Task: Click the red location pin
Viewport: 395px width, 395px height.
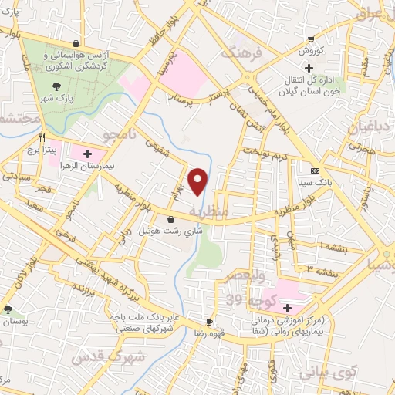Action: (198, 181)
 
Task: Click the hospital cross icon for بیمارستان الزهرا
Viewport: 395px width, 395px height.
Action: (87, 154)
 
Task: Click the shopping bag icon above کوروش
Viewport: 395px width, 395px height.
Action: (310, 39)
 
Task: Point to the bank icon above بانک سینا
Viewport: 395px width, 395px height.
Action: (314, 170)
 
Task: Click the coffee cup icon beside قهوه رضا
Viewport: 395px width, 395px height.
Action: (209, 321)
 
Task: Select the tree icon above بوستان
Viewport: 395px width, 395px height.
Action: (8, 309)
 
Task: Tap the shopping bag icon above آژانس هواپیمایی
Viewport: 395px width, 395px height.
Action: (75, 43)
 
